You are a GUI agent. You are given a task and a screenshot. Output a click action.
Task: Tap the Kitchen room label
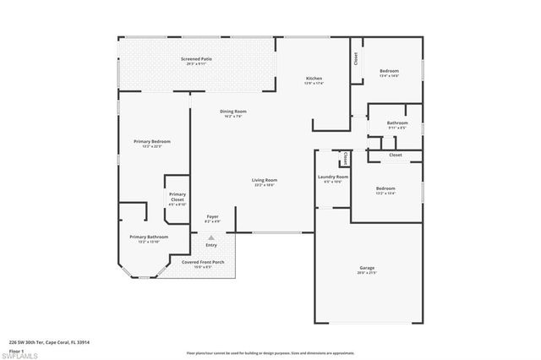[x=314, y=79]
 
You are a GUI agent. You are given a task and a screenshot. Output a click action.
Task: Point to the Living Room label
[x=265, y=180]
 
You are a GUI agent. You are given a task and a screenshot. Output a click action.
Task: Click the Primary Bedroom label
[x=152, y=141]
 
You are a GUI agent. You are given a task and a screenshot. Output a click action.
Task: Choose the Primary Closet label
[x=177, y=198]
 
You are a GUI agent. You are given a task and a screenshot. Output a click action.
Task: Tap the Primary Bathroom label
[x=149, y=237]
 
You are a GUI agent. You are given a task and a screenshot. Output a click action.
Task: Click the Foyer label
[x=213, y=217]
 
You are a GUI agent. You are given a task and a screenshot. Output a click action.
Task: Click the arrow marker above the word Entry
[x=210, y=237]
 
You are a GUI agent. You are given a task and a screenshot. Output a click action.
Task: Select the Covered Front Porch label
[x=203, y=263]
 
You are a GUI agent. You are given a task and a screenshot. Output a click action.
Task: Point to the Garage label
[x=367, y=268]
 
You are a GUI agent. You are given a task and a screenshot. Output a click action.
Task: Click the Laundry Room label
[x=333, y=177]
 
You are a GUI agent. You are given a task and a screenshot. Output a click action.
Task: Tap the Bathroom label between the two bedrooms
[x=397, y=123]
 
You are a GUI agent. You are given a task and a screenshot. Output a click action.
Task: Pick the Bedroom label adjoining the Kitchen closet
[x=389, y=71]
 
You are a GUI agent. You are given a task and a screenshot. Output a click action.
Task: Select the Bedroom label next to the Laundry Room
[x=385, y=188]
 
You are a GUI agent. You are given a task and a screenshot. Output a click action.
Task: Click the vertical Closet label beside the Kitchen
[x=355, y=58]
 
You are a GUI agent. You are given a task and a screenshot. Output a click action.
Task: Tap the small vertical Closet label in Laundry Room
[x=345, y=159]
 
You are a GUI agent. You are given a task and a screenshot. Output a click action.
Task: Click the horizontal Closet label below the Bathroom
[x=396, y=155]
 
